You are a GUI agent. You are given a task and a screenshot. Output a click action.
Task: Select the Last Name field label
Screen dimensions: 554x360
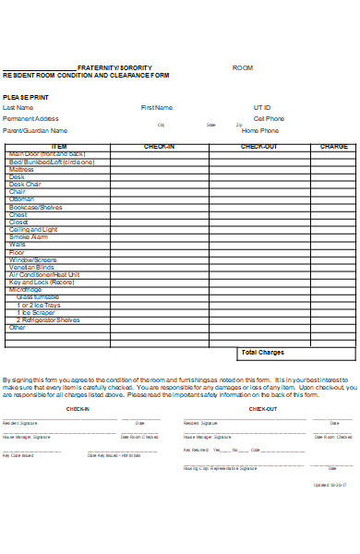click(18, 107)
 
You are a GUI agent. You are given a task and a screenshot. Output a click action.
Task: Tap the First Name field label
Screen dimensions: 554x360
click(156, 107)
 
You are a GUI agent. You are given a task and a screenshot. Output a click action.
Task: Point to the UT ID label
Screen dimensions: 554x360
click(263, 107)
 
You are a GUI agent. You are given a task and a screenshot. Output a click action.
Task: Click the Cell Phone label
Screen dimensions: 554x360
click(269, 118)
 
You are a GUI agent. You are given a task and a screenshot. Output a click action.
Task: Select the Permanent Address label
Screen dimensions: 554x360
click(30, 118)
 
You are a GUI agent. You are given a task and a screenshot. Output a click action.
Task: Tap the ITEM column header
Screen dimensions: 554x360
click(59, 147)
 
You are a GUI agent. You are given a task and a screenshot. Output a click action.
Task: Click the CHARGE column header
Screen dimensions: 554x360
click(333, 147)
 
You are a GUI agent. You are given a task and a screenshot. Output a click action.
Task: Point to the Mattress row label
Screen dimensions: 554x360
click(21, 170)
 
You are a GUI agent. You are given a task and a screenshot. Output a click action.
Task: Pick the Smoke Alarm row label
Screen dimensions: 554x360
click(28, 236)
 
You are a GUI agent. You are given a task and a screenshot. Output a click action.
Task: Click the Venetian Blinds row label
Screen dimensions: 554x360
click(32, 267)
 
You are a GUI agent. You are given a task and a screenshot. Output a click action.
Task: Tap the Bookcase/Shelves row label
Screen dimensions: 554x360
click(35, 207)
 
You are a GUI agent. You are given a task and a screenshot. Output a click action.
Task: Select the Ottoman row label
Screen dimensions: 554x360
click(21, 199)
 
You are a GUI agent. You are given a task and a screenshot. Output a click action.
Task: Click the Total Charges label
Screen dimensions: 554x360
click(262, 352)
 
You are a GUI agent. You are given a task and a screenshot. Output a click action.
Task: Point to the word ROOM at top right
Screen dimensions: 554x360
click(242, 68)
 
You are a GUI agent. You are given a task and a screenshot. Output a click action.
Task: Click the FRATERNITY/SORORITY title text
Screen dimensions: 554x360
click(114, 68)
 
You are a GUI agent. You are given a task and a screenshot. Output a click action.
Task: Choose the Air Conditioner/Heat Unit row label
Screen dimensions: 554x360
click(44, 274)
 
